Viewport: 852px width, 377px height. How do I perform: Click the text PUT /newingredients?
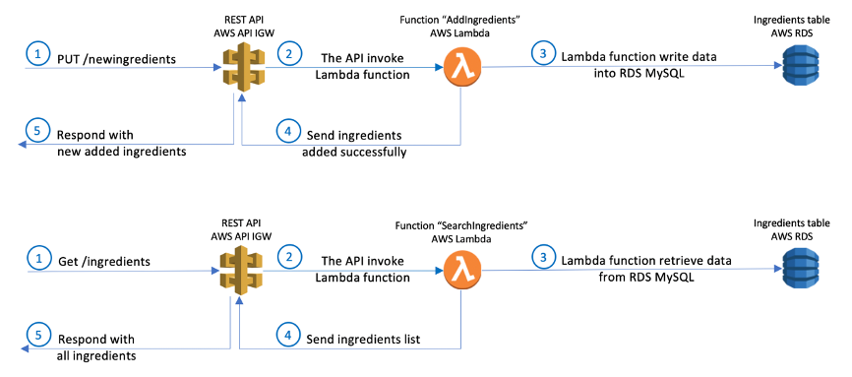click(x=116, y=59)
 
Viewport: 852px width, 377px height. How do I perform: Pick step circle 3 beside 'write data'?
click(x=540, y=54)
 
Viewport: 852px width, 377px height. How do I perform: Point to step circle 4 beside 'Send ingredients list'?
click(x=287, y=334)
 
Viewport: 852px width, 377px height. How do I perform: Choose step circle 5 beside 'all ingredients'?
click(x=36, y=336)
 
